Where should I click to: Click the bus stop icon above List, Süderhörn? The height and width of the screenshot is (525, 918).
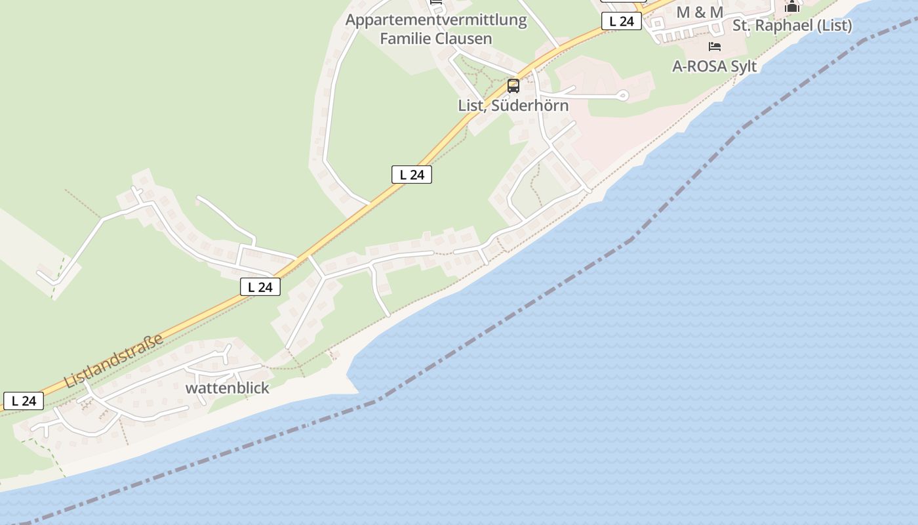(x=513, y=86)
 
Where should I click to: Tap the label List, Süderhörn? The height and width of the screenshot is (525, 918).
(x=513, y=106)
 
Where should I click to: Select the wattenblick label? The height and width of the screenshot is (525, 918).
(x=227, y=388)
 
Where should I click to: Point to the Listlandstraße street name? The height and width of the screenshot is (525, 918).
(x=114, y=361)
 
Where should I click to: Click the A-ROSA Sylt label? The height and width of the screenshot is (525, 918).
(x=714, y=66)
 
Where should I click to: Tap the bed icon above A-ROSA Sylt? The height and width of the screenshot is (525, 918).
(x=715, y=47)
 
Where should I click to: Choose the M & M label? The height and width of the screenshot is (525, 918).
(x=700, y=12)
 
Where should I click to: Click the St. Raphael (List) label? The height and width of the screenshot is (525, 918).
(x=791, y=26)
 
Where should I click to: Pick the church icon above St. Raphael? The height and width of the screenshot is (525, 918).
(x=792, y=7)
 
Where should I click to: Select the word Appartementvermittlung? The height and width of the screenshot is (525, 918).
(x=436, y=20)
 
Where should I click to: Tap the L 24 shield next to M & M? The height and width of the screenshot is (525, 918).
(x=621, y=21)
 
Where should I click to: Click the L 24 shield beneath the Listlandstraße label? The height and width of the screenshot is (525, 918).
(x=24, y=401)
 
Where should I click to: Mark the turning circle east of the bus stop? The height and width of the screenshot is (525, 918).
(x=623, y=96)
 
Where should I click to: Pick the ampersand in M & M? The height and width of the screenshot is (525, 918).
(x=700, y=12)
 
